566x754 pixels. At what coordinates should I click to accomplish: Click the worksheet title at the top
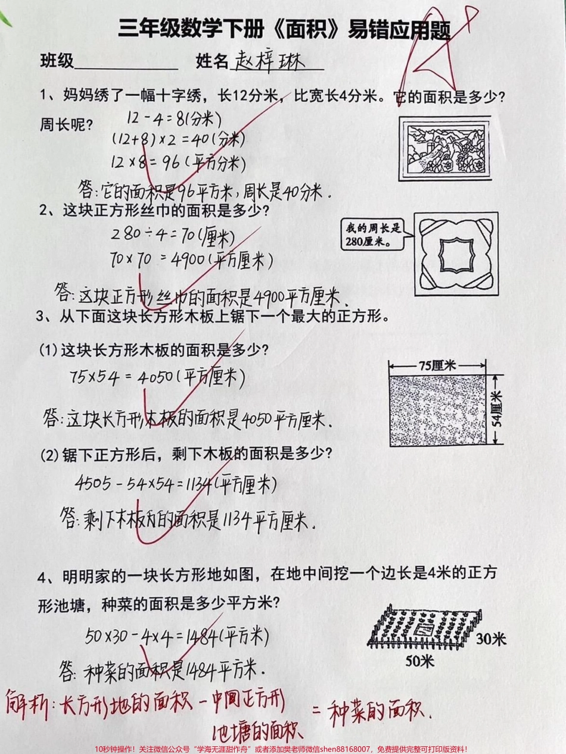284,29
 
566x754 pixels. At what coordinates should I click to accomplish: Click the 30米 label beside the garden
490,640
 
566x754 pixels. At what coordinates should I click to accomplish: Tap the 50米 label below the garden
420,661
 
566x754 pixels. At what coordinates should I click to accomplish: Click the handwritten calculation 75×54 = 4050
158,377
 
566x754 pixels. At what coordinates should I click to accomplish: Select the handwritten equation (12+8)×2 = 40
179,139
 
